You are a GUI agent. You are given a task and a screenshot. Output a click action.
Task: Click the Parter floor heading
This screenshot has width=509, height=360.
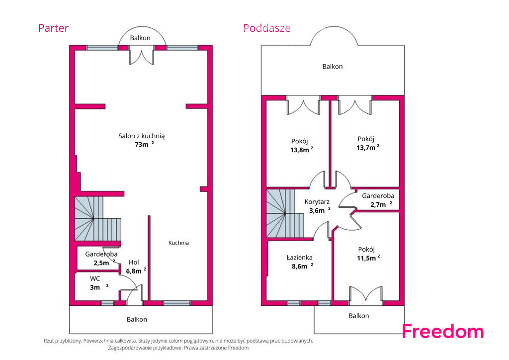pyautogui.click(x=53, y=28)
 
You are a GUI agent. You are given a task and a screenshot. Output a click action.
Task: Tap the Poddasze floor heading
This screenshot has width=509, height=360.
pyautogui.click(x=267, y=28)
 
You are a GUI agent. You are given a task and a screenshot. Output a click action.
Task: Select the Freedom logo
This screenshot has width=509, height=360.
pyautogui.click(x=443, y=332)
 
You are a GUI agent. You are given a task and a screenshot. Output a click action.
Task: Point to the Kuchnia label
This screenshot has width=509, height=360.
pyautogui.click(x=178, y=243)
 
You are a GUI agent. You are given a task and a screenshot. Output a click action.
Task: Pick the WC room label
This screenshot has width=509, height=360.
pyautogui.click(x=95, y=278)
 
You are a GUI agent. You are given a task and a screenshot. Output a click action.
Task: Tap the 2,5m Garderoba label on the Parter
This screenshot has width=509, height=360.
pyautogui.click(x=101, y=259)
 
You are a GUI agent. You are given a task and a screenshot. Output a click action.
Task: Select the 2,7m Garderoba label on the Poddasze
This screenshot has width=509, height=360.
pyautogui.click(x=378, y=200)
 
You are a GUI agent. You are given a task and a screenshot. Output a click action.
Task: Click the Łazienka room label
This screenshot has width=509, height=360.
pyautogui.click(x=300, y=258)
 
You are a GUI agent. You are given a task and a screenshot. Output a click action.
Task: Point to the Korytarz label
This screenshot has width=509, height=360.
pyautogui.click(x=317, y=202)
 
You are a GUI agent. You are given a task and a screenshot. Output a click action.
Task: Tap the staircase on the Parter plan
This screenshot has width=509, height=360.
pyautogui.click(x=97, y=218)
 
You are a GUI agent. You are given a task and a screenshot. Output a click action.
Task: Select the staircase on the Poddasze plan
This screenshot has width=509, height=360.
pyautogui.click(x=285, y=213)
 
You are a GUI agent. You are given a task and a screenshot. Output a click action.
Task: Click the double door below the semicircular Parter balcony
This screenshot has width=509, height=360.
pyautogui.click(x=141, y=55)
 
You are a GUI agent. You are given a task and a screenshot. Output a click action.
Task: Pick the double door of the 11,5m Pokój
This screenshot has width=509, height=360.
pyautogui.click(x=366, y=295)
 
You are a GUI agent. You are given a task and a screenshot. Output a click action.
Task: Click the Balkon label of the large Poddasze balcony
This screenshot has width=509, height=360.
pyautogui.click(x=333, y=67)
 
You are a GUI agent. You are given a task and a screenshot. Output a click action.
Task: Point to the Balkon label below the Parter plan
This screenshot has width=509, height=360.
pyautogui.click(x=137, y=319)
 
